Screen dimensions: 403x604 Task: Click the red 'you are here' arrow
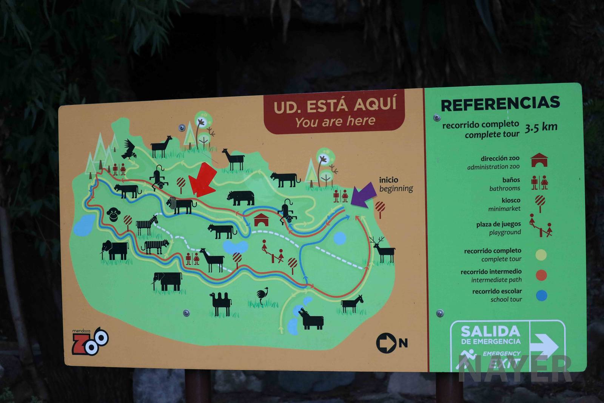[202, 181]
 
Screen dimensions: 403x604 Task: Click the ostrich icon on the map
[262, 295]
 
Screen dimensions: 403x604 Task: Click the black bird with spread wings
[129, 149]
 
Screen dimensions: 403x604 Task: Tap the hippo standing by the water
[311, 319]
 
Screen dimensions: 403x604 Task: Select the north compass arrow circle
[386, 343]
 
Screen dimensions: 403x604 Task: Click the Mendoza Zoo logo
[90, 341]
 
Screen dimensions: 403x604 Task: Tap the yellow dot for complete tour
[541, 255]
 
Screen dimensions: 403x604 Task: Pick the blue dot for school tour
[541, 295]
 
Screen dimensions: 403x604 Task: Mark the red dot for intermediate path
[541, 275]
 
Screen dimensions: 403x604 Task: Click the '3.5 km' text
[541, 127]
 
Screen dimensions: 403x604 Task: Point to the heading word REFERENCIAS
[500, 103]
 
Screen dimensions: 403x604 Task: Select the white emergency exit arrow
[544, 345]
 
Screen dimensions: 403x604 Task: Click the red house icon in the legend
[539, 160]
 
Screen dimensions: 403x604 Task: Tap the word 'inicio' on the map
[388, 180]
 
